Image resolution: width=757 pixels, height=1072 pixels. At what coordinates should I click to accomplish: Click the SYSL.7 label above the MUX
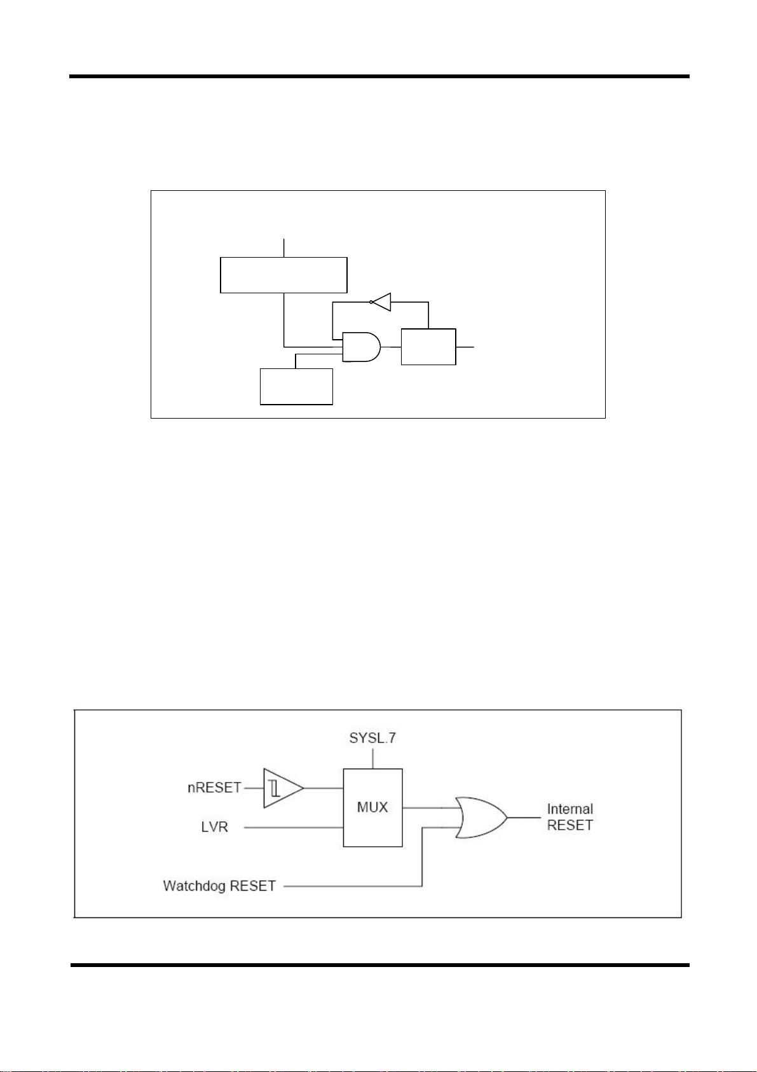(372, 738)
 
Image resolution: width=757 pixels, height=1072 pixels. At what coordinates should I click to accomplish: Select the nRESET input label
(214, 788)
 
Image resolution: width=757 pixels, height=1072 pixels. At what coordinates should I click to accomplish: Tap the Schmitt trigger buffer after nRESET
(282, 788)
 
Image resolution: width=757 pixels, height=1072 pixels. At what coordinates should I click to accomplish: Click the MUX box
(372, 807)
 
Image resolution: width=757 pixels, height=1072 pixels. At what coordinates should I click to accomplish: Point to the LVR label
(214, 827)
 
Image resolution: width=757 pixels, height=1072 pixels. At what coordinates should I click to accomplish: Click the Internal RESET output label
(569, 817)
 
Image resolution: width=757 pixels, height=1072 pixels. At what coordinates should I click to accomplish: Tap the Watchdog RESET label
(219, 886)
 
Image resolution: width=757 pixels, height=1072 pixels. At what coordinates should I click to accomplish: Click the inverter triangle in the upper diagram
(381, 302)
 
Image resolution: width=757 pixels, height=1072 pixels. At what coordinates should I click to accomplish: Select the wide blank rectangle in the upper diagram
(283, 275)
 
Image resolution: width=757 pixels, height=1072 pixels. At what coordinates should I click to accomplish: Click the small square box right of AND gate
(428, 347)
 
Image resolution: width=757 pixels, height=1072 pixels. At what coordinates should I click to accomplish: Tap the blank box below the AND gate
(296, 386)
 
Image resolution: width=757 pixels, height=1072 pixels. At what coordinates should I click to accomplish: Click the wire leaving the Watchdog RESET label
(350, 886)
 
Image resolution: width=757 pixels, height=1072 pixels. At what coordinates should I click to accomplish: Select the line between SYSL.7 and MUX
(372, 758)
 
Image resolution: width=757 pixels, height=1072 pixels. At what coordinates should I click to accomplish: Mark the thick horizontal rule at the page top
(379, 76)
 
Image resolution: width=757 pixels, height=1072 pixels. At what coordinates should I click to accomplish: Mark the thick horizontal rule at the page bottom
(379, 965)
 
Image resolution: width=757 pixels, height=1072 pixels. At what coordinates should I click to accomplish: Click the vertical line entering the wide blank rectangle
(283, 247)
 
